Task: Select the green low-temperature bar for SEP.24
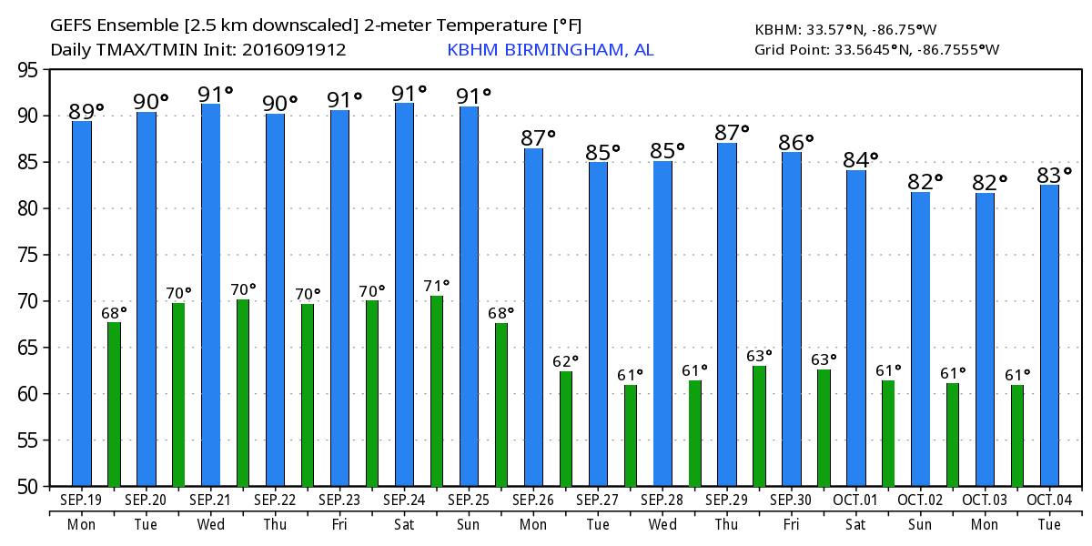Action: (x=437, y=390)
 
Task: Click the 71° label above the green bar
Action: (x=437, y=287)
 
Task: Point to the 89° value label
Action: (x=86, y=111)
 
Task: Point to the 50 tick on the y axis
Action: (x=30, y=487)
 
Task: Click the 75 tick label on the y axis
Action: (x=30, y=255)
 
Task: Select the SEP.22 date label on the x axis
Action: (x=275, y=500)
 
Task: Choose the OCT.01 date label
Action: (x=856, y=500)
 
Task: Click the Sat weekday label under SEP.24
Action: (x=404, y=525)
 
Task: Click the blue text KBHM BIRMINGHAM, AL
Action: (x=550, y=50)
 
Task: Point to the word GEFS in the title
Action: (x=72, y=26)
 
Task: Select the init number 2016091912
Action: (x=293, y=50)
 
